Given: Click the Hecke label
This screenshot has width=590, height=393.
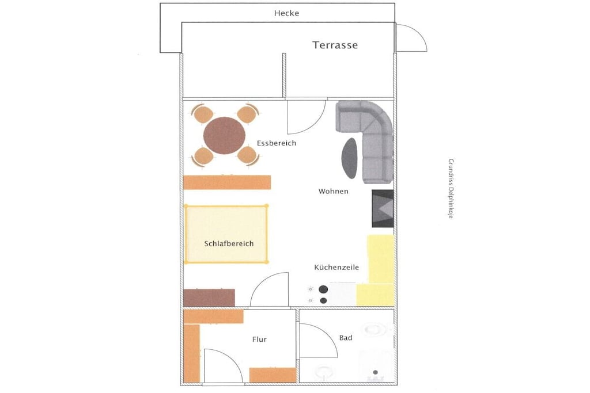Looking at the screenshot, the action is (x=286, y=13).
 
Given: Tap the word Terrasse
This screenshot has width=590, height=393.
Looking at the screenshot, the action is (x=335, y=45).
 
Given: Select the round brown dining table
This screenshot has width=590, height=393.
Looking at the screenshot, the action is (x=224, y=135).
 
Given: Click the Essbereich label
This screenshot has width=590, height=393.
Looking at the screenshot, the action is (x=276, y=143).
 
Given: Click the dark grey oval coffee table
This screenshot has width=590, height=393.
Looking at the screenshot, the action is (x=350, y=158).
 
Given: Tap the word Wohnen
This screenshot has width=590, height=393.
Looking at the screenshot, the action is (x=333, y=191).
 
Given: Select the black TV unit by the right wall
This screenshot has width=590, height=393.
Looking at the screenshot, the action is (x=383, y=208).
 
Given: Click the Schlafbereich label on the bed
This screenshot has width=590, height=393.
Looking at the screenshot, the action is (x=229, y=243).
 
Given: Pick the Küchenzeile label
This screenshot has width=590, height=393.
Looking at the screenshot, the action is (x=336, y=267).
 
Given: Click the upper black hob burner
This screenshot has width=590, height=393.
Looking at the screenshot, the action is (x=323, y=289).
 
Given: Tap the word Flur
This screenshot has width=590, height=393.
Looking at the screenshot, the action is (x=259, y=339).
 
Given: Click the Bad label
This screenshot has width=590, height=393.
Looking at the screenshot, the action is (x=346, y=338).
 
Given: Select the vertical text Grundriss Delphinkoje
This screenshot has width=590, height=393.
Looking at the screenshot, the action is (x=451, y=189).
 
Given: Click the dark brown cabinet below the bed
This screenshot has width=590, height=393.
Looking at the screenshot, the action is (x=209, y=297).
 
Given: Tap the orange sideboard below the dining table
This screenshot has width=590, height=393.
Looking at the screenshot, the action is (x=227, y=182).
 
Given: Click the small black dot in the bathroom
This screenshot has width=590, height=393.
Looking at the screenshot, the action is (x=375, y=372).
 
